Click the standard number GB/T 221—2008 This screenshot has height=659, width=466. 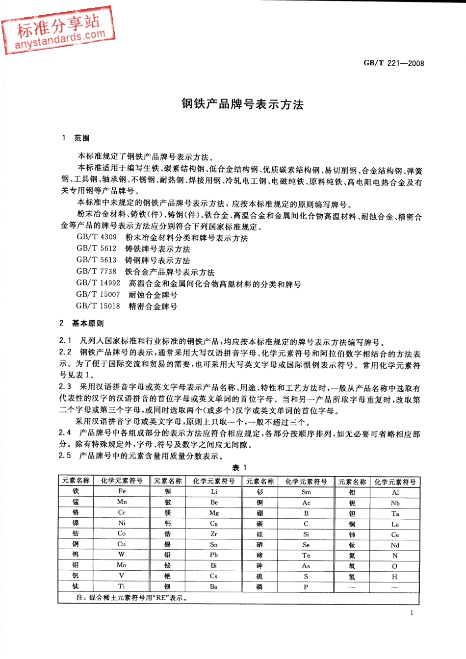click(x=393, y=63)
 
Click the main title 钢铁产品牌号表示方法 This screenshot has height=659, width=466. click(x=242, y=104)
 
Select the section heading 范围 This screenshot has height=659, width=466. click(x=81, y=138)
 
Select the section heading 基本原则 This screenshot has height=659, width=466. click(x=87, y=323)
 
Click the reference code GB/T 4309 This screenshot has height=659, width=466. click(x=97, y=237)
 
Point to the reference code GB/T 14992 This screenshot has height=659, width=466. click(x=98, y=283)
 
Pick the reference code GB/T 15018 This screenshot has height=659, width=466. click(x=98, y=306)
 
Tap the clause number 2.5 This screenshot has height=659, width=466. click(x=65, y=456)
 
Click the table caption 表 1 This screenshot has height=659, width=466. click(x=239, y=468)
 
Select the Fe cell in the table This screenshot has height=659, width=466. click(x=122, y=491)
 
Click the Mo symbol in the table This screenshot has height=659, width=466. click(x=122, y=565)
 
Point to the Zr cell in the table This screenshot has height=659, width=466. click(x=214, y=533)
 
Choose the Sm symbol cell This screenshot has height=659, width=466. click(x=306, y=492)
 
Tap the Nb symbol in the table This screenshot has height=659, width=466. click(x=395, y=503)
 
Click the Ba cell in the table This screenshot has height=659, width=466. click(x=214, y=586)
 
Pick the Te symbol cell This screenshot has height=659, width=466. click(x=306, y=556)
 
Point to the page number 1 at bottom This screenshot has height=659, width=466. click(x=412, y=612)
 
